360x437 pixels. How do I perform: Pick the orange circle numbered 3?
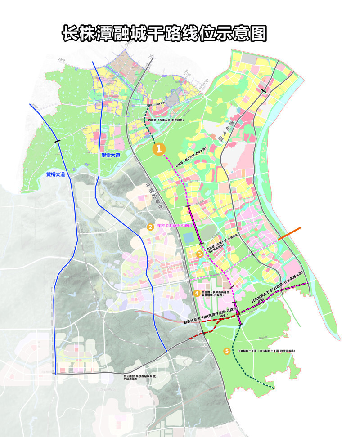(199, 254)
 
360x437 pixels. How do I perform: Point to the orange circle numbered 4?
(197, 293)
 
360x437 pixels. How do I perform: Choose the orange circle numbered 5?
(227, 351)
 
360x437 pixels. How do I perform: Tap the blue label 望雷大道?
(111, 155)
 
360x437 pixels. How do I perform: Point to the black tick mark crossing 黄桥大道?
(57, 142)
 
